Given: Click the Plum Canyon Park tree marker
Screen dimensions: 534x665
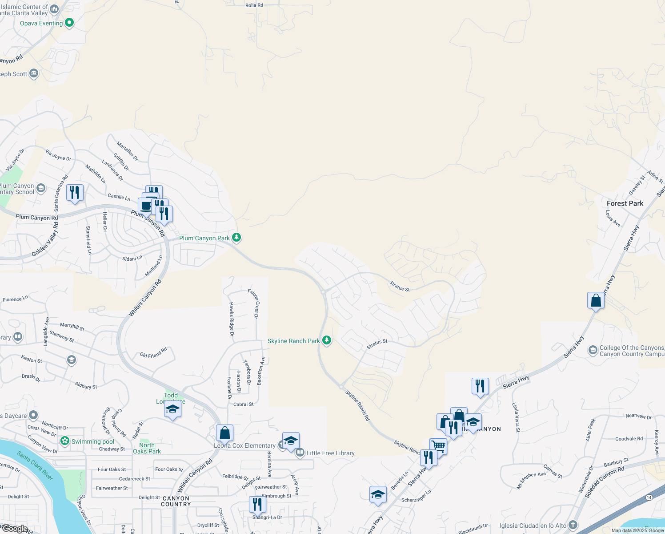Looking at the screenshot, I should (x=236, y=238).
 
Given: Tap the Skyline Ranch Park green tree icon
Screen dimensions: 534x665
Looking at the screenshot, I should (x=327, y=340).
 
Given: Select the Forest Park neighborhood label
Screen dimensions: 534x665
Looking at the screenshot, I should (x=625, y=203).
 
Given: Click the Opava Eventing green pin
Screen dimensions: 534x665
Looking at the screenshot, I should (x=69, y=23).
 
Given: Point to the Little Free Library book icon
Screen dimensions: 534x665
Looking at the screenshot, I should (x=300, y=453).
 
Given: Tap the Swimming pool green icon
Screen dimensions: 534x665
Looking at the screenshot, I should (x=65, y=441).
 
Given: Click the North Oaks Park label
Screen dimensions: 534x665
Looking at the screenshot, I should (x=147, y=448).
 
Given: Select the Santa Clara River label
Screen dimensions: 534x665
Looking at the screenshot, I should (x=35, y=465).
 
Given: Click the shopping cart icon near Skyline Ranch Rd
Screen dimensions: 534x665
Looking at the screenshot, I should (x=438, y=446).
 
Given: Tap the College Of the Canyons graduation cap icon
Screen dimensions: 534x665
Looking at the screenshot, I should (x=593, y=351).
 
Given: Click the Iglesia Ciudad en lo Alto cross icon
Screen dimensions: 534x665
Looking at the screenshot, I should (x=573, y=525).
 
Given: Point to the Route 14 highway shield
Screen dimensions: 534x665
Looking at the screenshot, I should (x=649, y=497).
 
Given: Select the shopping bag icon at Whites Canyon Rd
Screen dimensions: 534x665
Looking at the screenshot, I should (x=224, y=433).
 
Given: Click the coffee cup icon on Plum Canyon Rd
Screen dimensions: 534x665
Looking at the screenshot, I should (x=146, y=206).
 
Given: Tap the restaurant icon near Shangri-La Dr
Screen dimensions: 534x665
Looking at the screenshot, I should (x=257, y=504).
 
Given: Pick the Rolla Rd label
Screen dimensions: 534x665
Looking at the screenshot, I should (x=254, y=5).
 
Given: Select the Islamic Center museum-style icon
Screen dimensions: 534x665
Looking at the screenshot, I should (x=54, y=9).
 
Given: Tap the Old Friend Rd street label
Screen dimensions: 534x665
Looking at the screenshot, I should (x=153, y=352).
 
